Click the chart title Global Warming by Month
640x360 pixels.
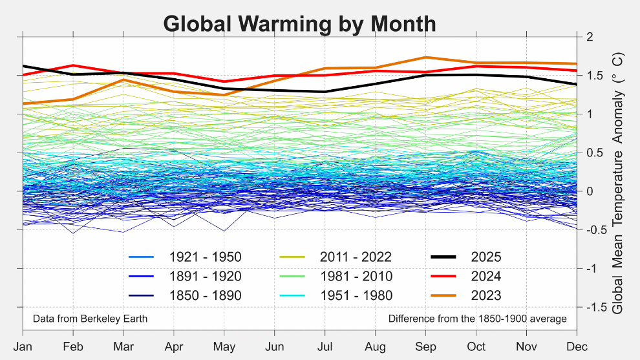(x=299, y=23)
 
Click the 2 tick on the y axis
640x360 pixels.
(x=589, y=37)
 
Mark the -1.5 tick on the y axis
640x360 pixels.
(x=595, y=307)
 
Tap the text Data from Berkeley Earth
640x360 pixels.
(x=90, y=319)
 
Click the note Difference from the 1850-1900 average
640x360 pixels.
(x=477, y=319)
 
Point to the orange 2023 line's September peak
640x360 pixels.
(x=425, y=58)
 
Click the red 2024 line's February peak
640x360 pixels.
(x=74, y=65)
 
